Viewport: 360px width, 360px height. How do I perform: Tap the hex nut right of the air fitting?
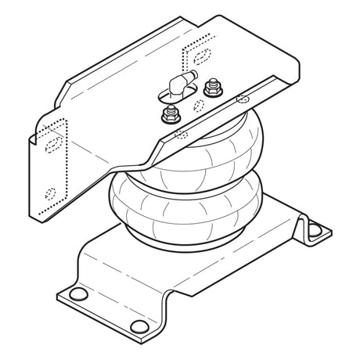[209, 88]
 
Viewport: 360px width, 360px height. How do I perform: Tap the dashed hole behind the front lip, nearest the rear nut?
[241, 99]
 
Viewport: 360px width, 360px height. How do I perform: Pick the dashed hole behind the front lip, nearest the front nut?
[182, 132]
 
